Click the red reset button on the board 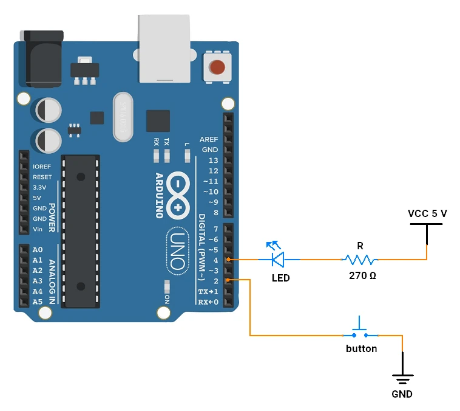[x=217, y=66]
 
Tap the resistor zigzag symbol [x=359, y=260]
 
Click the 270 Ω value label [x=362, y=275]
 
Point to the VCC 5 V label [x=427, y=213]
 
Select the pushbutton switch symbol [x=359, y=331]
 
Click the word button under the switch [x=361, y=349]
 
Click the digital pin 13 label [x=212, y=161]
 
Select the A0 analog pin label [x=38, y=250]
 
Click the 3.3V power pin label [x=40, y=188]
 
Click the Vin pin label [x=38, y=229]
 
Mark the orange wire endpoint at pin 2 [x=228, y=280]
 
